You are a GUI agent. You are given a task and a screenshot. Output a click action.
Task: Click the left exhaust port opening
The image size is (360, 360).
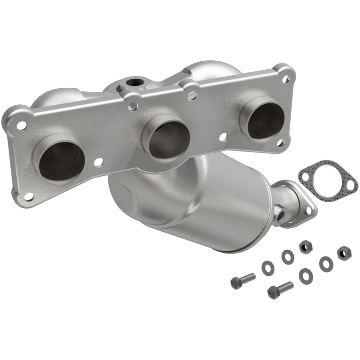[62, 160]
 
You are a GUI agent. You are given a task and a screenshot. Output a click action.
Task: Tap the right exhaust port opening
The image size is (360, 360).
[266, 120]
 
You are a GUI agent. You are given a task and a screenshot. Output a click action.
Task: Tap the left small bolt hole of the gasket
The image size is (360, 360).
[306, 177]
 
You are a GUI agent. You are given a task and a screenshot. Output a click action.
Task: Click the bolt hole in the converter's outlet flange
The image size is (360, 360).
[309, 208]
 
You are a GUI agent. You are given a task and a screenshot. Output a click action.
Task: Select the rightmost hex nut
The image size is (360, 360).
[343, 253]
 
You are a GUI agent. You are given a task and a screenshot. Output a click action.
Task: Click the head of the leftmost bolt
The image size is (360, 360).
[237, 283]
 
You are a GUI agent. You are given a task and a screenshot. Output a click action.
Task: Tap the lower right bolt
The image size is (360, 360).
[280, 290]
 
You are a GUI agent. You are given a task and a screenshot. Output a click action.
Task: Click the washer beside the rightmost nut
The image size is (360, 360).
[325, 264]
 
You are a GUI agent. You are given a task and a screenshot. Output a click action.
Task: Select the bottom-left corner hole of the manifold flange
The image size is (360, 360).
[28, 196]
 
